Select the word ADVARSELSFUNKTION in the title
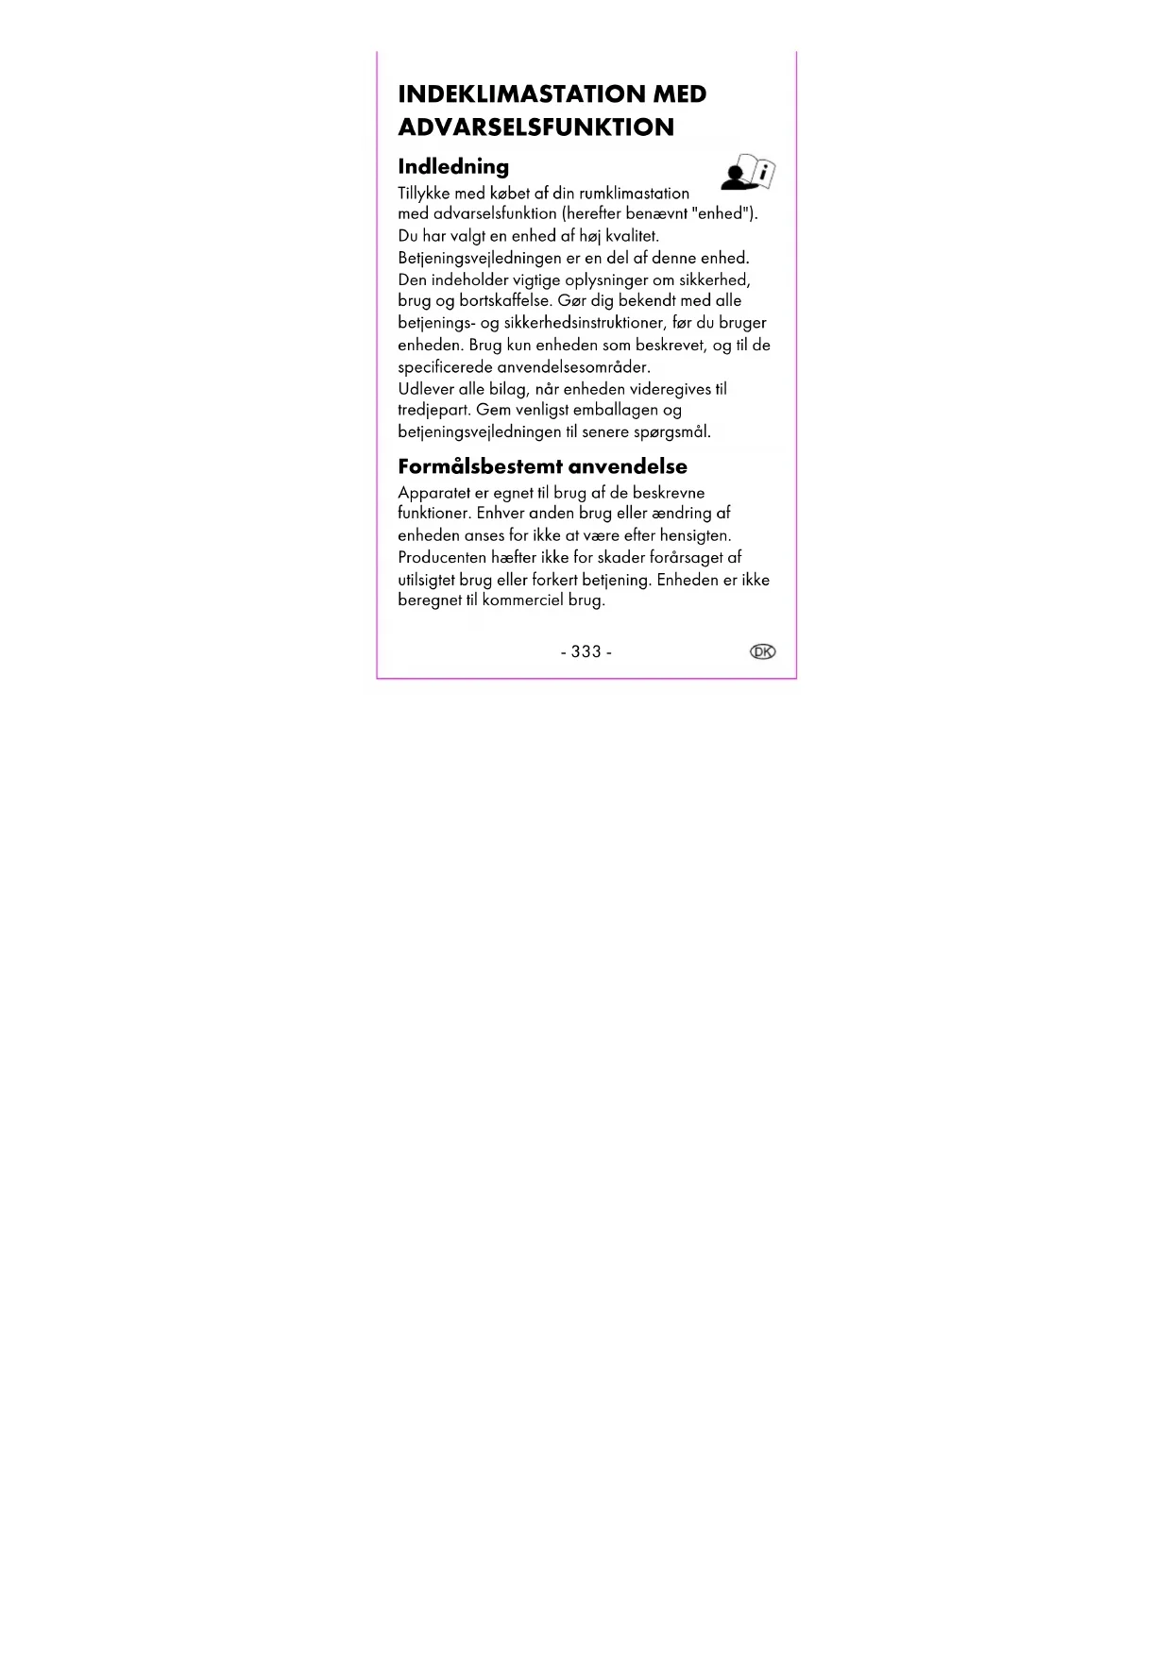point(535,127)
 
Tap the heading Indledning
point(453,167)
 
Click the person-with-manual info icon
point(748,172)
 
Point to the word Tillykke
point(424,194)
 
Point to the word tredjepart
point(433,410)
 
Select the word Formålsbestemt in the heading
point(479,466)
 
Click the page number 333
point(586,652)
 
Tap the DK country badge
point(762,651)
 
